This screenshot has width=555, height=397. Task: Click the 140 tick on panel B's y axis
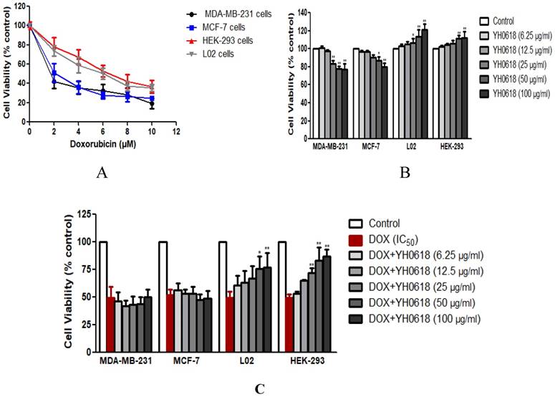[337, 14]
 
